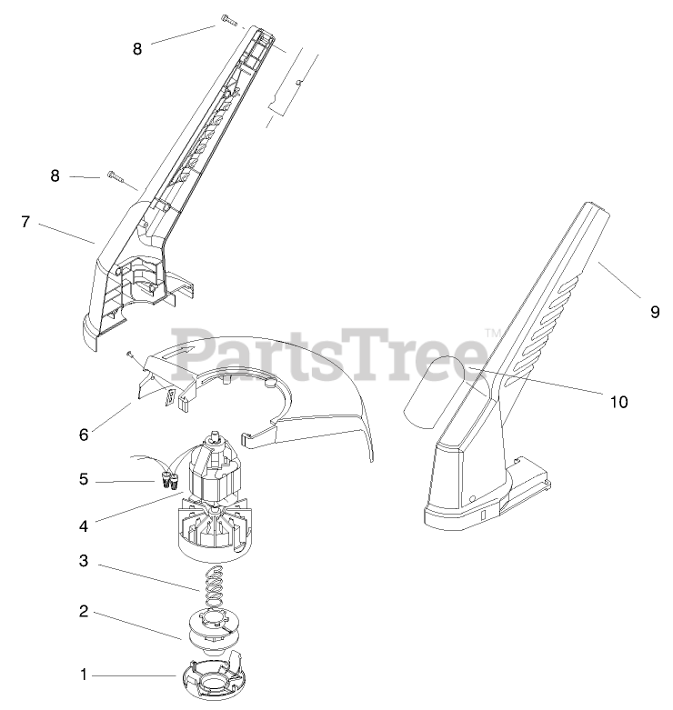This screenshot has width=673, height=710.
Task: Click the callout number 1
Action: (84, 675)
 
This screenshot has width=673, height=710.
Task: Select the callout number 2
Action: (84, 611)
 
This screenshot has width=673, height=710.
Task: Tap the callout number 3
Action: (84, 561)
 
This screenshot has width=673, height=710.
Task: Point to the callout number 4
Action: (84, 525)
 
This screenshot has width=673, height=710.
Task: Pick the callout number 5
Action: (84, 479)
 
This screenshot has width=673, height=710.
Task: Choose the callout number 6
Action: (84, 435)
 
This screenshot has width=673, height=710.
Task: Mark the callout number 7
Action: (25, 221)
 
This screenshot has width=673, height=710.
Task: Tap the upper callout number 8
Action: (137, 49)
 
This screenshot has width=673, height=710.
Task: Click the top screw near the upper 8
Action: (227, 20)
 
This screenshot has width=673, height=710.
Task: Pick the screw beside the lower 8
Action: (115, 175)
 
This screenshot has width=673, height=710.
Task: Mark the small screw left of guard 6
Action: (132, 354)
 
